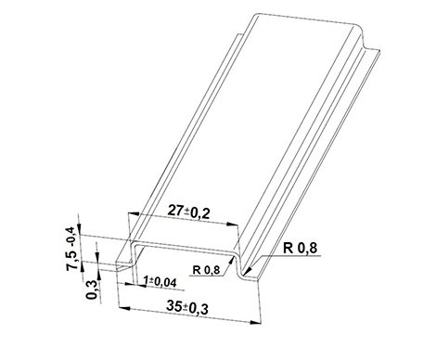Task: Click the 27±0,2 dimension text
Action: pyautogui.click(x=189, y=212)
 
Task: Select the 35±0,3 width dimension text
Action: pyautogui.click(x=187, y=307)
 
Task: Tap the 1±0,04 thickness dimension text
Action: pyautogui.click(x=160, y=281)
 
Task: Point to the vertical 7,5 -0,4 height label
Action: pyautogui.click(x=71, y=249)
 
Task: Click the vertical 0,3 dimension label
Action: pyautogui.click(x=92, y=289)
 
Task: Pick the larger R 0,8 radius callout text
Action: pyautogui.click(x=301, y=248)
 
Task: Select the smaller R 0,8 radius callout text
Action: pyautogui.click(x=206, y=270)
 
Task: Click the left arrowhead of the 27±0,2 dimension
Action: pyautogui.click(x=134, y=213)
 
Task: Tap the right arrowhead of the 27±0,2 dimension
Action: pyautogui.click(x=233, y=225)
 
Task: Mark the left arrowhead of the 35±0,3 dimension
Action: pyautogui.click(x=124, y=308)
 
